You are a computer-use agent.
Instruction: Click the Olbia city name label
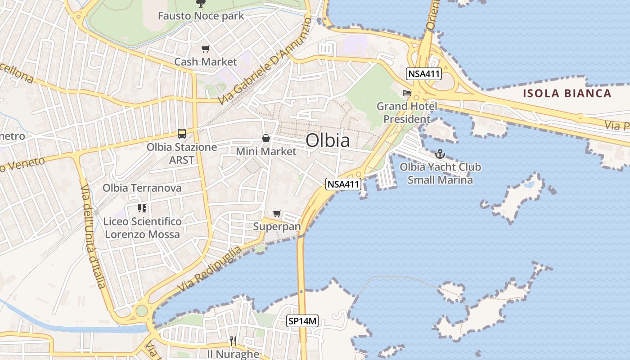click(x=328, y=140)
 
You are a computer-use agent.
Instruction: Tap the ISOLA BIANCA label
click(x=567, y=94)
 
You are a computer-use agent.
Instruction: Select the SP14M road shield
click(x=303, y=321)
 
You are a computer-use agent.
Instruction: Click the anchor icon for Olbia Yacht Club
click(x=440, y=154)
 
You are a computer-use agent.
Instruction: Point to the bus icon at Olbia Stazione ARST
click(x=182, y=134)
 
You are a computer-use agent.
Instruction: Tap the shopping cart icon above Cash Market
click(x=205, y=49)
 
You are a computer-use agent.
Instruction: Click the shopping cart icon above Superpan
click(x=277, y=214)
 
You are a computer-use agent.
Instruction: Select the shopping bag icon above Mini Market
click(x=266, y=138)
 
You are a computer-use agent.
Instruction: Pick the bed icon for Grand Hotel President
click(x=407, y=94)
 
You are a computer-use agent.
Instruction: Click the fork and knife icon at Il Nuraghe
click(x=233, y=341)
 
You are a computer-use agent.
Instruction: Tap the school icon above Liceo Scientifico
click(x=142, y=208)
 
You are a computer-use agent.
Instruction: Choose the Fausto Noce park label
click(x=201, y=16)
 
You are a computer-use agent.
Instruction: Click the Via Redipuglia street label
click(x=210, y=269)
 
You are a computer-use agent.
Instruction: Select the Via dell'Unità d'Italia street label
click(x=93, y=236)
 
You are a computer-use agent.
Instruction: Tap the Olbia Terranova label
click(x=142, y=188)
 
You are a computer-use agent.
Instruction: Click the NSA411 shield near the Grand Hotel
click(x=423, y=74)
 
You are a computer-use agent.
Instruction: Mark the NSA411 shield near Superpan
click(x=343, y=184)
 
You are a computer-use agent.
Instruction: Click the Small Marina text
click(x=440, y=180)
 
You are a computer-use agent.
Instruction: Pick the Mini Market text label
click(x=266, y=152)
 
